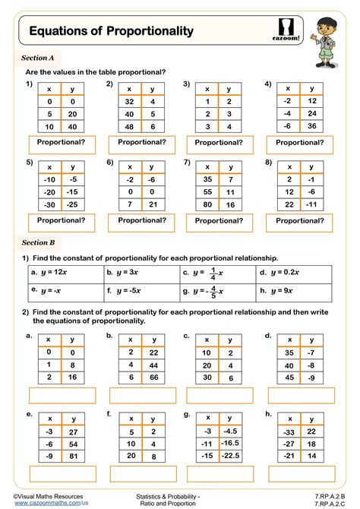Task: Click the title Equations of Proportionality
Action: tap(111, 31)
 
